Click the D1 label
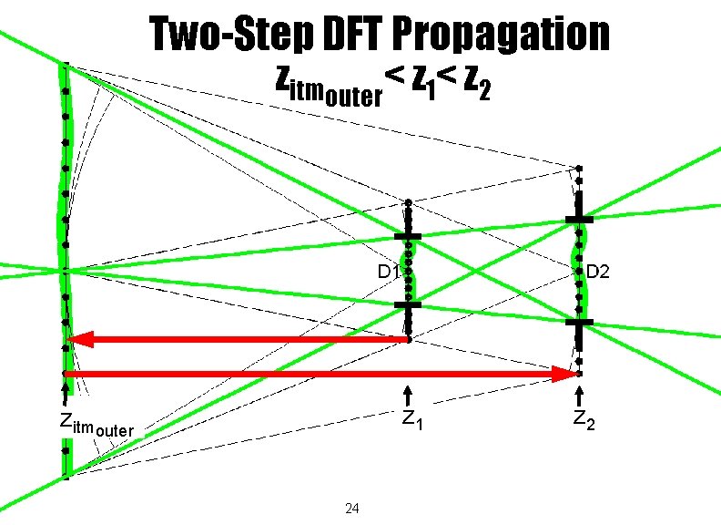pos(390,272)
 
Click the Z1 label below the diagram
pos(411,421)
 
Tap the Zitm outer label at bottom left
pos(96,424)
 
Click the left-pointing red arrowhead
pos(79,340)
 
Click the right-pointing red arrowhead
pos(564,374)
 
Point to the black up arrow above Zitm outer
pos(65,395)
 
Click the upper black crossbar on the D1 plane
pos(408,237)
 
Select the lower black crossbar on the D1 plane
pos(408,305)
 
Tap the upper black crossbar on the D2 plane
pos(579,220)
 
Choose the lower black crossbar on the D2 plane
pos(579,322)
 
